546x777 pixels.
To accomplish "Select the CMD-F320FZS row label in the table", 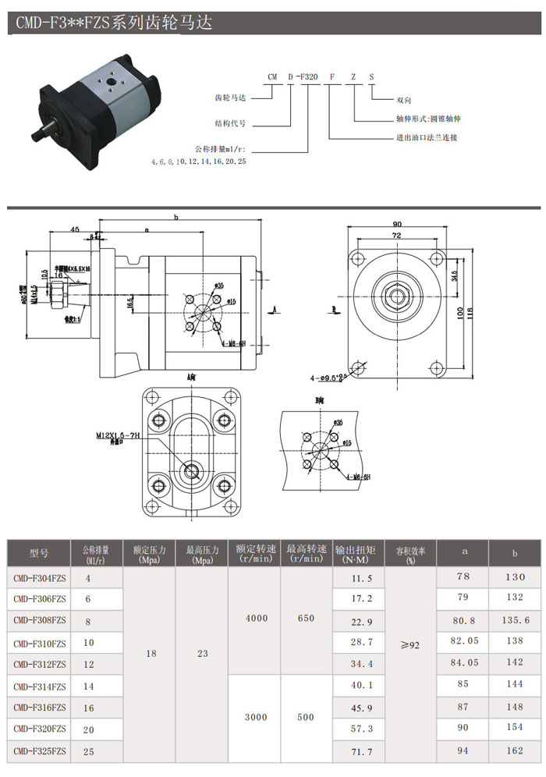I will (39, 729).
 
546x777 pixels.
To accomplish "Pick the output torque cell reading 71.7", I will (359, 751).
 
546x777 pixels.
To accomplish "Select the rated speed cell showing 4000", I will (256, 618).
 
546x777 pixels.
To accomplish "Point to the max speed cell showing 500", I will (306, 717).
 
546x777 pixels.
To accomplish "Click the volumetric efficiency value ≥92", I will (409, 645).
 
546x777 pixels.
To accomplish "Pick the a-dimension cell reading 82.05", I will (463, 640).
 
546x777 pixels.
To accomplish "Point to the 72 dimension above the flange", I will (397, 235).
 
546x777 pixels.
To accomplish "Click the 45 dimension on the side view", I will (74, 229).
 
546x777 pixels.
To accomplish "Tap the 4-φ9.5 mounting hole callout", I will (328, 378).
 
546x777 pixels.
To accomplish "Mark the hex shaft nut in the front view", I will (398, 295).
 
